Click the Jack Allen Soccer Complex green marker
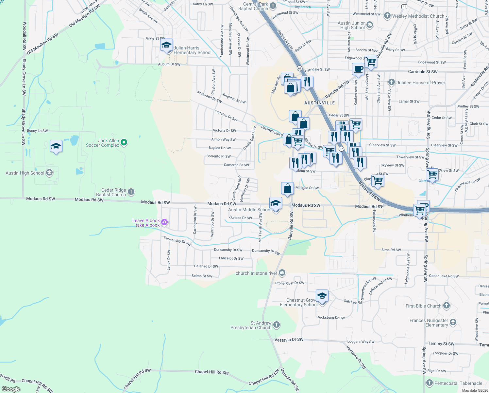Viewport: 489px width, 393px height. (124, 142)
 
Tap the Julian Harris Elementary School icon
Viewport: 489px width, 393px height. (166, 45)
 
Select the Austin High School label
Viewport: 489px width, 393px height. (25, 173)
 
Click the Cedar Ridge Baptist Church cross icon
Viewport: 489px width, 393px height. (131, 192)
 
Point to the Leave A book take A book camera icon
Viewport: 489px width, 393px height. (164, 222)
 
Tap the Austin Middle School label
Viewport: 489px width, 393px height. (249, 210)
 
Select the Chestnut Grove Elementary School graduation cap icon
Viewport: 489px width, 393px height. (322, 296)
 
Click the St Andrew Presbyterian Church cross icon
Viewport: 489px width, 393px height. (277, 325)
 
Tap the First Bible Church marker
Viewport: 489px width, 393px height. (447, 306)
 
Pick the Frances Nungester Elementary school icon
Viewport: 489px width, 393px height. (453, 323)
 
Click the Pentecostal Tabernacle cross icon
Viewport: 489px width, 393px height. (430, 383)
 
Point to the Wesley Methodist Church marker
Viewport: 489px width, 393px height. (387, 16)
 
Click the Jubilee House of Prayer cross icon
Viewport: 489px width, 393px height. (392, 82)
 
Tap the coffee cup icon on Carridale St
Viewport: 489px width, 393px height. (358, 69)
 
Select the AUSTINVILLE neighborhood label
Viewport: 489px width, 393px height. (319, 103)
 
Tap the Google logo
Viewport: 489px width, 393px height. (11, 389)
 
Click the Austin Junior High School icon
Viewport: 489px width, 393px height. (370, 25)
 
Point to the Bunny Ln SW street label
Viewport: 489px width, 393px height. (37, 131)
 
